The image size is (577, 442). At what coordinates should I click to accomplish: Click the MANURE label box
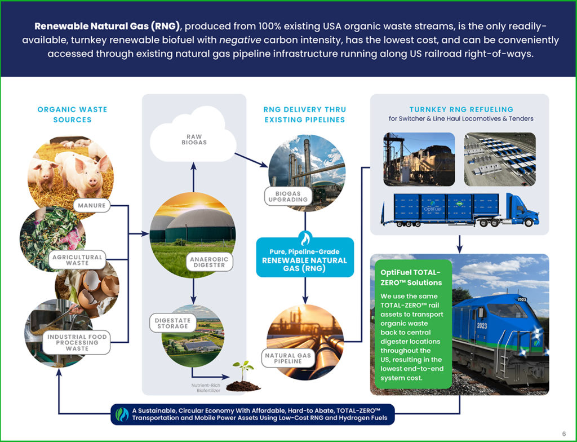[91, 206]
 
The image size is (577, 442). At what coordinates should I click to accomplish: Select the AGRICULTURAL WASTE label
[77, 260]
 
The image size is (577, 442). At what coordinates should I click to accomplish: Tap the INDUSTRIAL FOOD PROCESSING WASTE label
[77, 342]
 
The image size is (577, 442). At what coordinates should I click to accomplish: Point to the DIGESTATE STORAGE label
[172, 323]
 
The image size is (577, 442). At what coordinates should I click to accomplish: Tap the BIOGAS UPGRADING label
[287, 196]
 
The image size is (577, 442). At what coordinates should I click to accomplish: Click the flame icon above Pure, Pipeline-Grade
[305, 237]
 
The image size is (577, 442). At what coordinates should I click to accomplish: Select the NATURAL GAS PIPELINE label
[288, 358]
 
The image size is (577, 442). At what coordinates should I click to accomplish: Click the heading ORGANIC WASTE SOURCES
[72, 114]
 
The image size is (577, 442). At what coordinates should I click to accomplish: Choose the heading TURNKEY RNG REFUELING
[461, 109]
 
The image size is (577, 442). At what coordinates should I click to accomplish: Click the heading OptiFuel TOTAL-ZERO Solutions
[411, 277]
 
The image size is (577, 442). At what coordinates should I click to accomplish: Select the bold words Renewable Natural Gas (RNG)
[108, 26]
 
